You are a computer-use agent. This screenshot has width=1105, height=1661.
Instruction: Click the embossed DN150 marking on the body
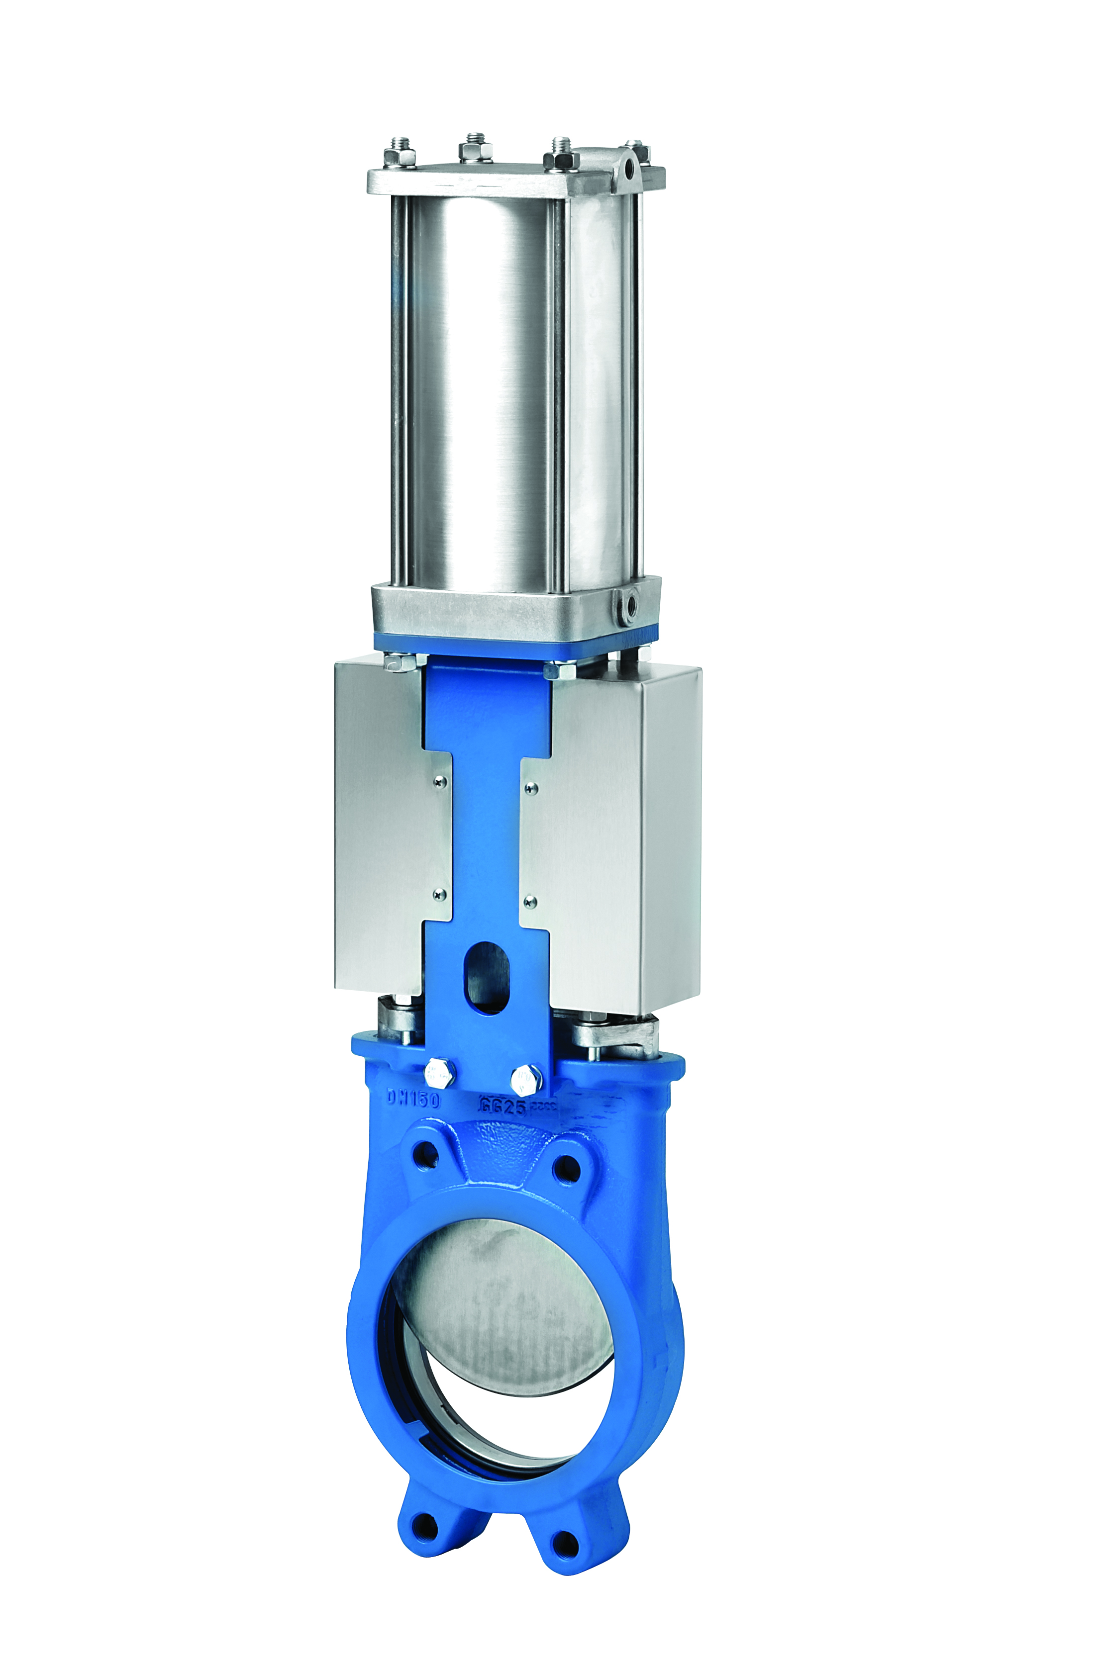[413, 1100]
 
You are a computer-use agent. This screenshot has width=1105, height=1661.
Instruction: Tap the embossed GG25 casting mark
[502, 1105]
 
